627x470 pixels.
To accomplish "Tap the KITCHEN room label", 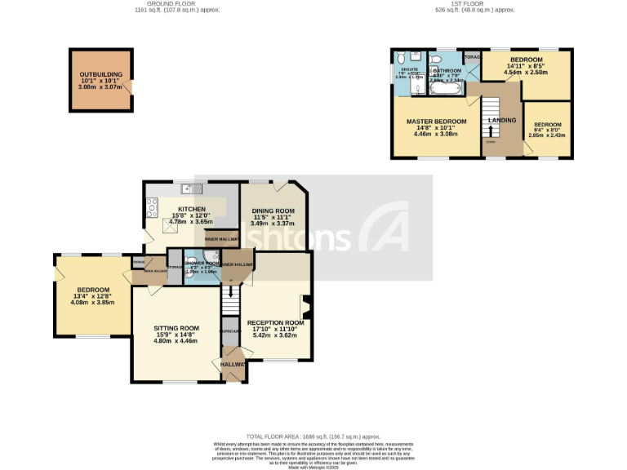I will point(190,209).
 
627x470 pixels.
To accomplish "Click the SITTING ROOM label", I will point(177,328).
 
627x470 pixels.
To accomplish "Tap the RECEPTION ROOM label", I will point(276,322).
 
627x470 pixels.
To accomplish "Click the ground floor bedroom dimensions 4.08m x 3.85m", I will point(92,303).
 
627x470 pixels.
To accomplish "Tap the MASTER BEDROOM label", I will point(436,122).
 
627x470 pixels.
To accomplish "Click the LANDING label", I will point(501,121).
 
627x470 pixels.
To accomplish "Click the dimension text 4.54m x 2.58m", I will point(527,73).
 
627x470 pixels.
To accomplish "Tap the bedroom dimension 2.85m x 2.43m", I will point(549,134).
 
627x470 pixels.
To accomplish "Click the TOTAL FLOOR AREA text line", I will point(313,437).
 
